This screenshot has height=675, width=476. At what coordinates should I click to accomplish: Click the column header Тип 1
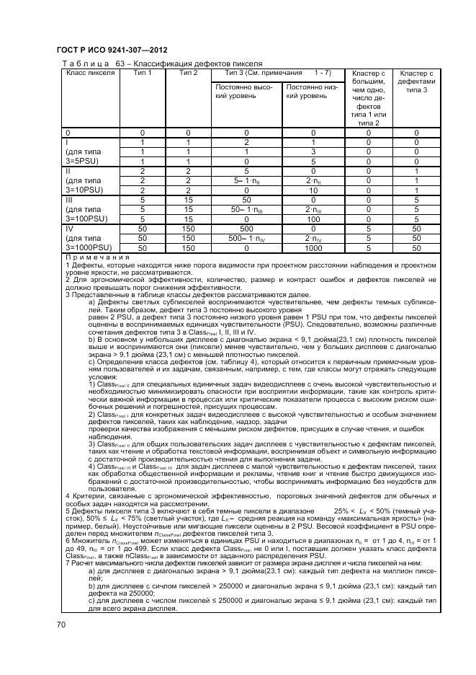click(143, 73)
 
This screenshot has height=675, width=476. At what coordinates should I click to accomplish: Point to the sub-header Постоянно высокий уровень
click(246, 91)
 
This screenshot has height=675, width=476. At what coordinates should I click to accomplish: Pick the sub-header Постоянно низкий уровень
click(313, 91)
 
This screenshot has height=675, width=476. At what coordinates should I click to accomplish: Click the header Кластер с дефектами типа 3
click(416, 81)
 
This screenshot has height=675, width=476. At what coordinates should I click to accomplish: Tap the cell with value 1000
click(313, 247)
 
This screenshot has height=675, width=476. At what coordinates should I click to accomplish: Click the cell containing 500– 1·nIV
click(246, 237)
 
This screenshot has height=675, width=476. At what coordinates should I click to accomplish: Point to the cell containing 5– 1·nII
click(246, 180)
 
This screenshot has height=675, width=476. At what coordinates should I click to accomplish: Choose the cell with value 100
click(313, 219)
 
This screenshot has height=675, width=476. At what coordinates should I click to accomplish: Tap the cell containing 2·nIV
click(313, 237)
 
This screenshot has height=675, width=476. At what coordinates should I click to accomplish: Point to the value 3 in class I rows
click(313, 152)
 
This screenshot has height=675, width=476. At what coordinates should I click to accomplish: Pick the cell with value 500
click(246, 228)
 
